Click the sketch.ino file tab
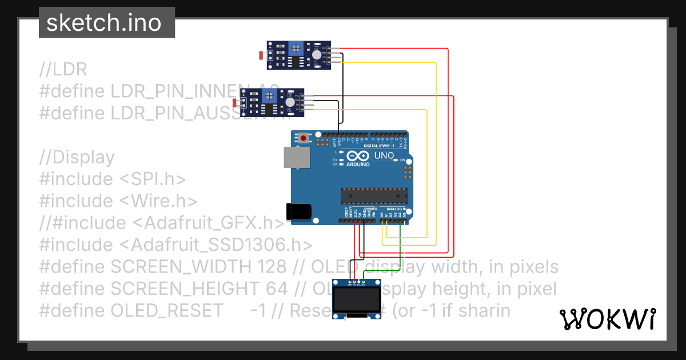[x=103, y=23]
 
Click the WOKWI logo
[x=607, y=319]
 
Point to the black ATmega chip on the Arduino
[x=374, y=195]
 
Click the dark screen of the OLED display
[x=358, y=298]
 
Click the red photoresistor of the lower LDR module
[x=236, y=103]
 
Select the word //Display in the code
[x=77, y=157]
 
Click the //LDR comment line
[x=63, y=70]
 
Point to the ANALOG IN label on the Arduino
[x=396, y=209]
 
